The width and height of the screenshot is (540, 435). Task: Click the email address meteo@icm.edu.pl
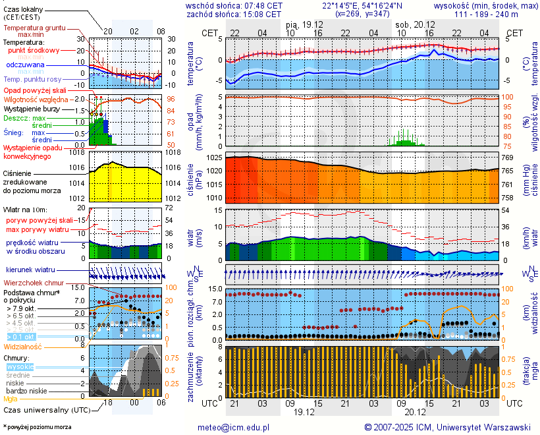pyautogui.click(x=234, y=427)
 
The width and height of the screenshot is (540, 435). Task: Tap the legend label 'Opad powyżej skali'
pyautogui.click(x=35, y=90)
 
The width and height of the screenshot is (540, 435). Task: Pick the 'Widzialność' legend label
pyautogui.click(x=23, y=346)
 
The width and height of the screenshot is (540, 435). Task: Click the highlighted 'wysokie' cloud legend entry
pyautogui.click(x=20, y=366)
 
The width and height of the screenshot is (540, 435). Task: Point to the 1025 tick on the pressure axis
pyautogui.click(x=214, y=158)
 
